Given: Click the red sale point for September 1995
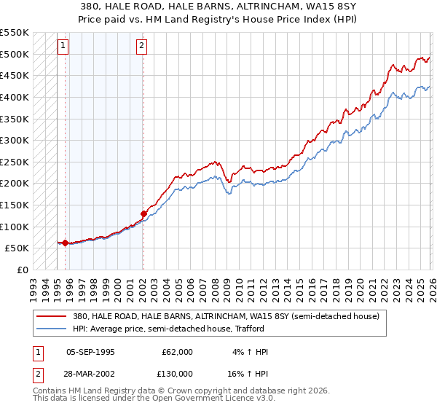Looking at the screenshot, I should [65, 243].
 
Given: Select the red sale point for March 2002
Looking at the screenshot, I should [143, 213].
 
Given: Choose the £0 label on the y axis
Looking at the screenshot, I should [21, 270].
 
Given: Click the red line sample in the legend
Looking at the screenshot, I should [52, 317].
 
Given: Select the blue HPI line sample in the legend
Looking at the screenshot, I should [52, 329].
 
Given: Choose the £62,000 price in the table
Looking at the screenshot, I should [177, 352].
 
